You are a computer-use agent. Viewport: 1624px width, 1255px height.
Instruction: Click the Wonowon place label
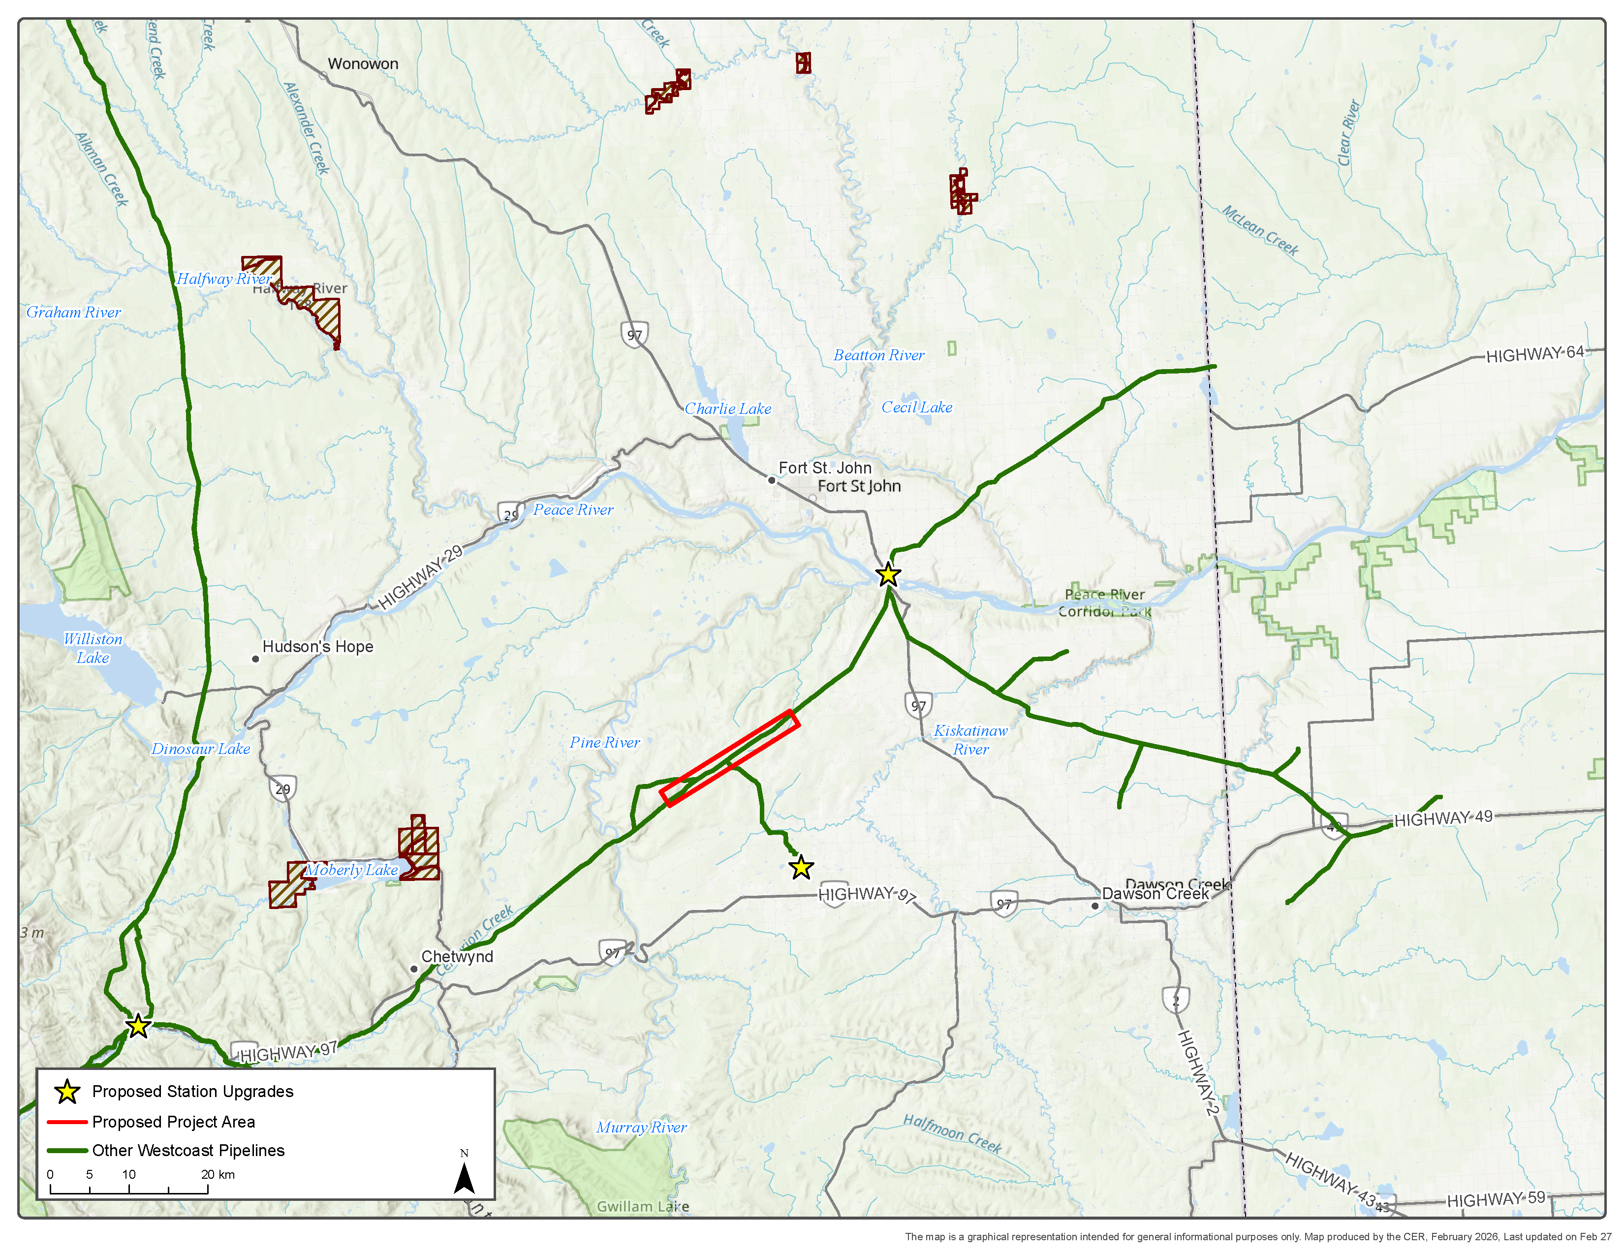pos(363,64)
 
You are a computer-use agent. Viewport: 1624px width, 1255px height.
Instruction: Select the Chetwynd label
pos(457,957)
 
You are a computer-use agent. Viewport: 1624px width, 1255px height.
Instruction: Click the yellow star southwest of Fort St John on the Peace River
pos(888,575)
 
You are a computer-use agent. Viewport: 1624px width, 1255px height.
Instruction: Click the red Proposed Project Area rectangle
pos(729,758)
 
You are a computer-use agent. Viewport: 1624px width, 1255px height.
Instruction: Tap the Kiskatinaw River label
pos(970,740)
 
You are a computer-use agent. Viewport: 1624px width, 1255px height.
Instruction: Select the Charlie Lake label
pos(727,409)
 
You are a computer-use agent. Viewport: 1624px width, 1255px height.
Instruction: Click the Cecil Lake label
pos(916,408)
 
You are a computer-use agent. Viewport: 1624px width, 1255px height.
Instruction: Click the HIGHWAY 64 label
pos(1535,354)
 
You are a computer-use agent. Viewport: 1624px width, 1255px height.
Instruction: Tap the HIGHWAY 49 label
pos(1442,818)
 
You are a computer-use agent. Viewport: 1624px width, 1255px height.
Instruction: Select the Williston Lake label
pos(93,648)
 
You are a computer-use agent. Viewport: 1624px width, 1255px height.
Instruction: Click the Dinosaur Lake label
pos(201,749)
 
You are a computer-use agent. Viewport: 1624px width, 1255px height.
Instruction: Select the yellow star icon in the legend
pos(67,1092)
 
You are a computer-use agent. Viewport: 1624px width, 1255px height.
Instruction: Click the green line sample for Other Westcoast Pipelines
pos(67,1150)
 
